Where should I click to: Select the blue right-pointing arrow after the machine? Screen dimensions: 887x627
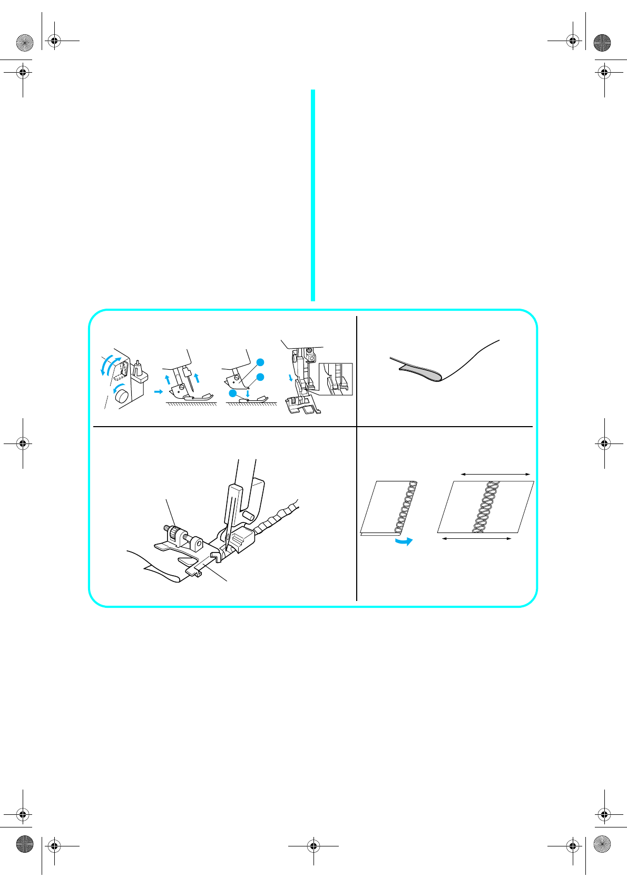coord(158,392)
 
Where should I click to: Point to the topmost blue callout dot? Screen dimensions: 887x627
coord(260,362)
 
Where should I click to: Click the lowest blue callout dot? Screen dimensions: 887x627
coord(232,393)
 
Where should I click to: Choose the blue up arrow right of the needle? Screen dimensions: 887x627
coord(197,377)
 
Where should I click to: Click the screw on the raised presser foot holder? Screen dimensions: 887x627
coord(181,388)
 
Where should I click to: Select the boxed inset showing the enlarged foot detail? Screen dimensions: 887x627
coord(336,379)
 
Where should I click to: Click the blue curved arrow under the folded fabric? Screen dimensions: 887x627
coord(404,541)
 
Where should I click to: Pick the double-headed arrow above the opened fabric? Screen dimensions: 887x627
coord(495,475)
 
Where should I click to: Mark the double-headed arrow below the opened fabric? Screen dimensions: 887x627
coord(476,538)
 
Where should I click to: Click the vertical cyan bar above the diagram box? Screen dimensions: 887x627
coord(313,195)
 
